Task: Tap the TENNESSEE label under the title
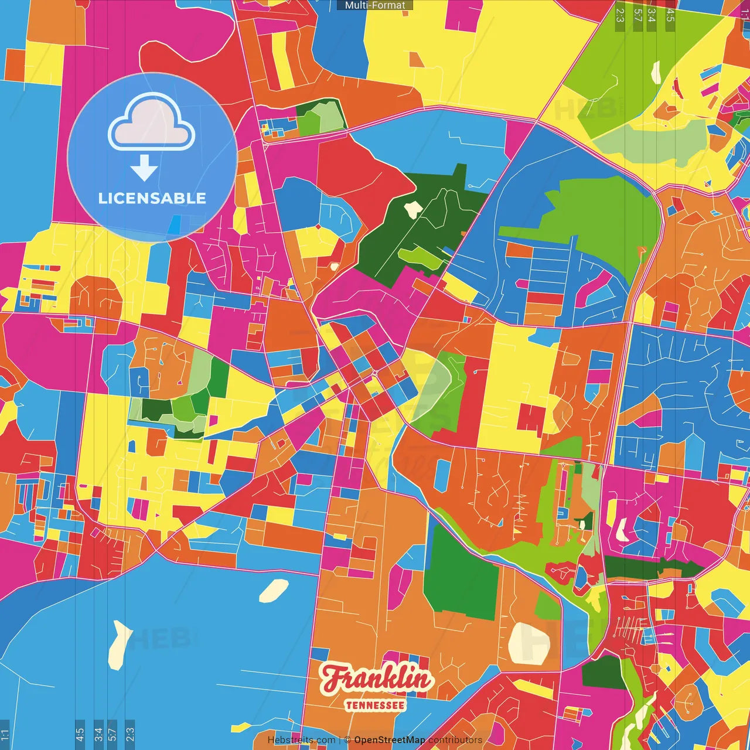375,705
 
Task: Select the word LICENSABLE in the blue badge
152,198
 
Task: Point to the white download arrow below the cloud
144,169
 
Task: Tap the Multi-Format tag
375,5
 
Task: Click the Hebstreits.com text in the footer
301,740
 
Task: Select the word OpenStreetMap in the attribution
390,740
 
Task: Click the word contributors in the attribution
455,740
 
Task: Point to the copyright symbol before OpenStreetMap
347,740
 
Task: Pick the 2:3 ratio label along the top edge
620,15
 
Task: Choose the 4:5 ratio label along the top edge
670,15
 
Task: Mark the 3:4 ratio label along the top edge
652,15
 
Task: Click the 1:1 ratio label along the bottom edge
5,734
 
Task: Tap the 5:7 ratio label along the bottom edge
112,734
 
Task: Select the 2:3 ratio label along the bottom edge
130,734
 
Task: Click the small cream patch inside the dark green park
413,207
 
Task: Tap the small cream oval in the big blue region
274,590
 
